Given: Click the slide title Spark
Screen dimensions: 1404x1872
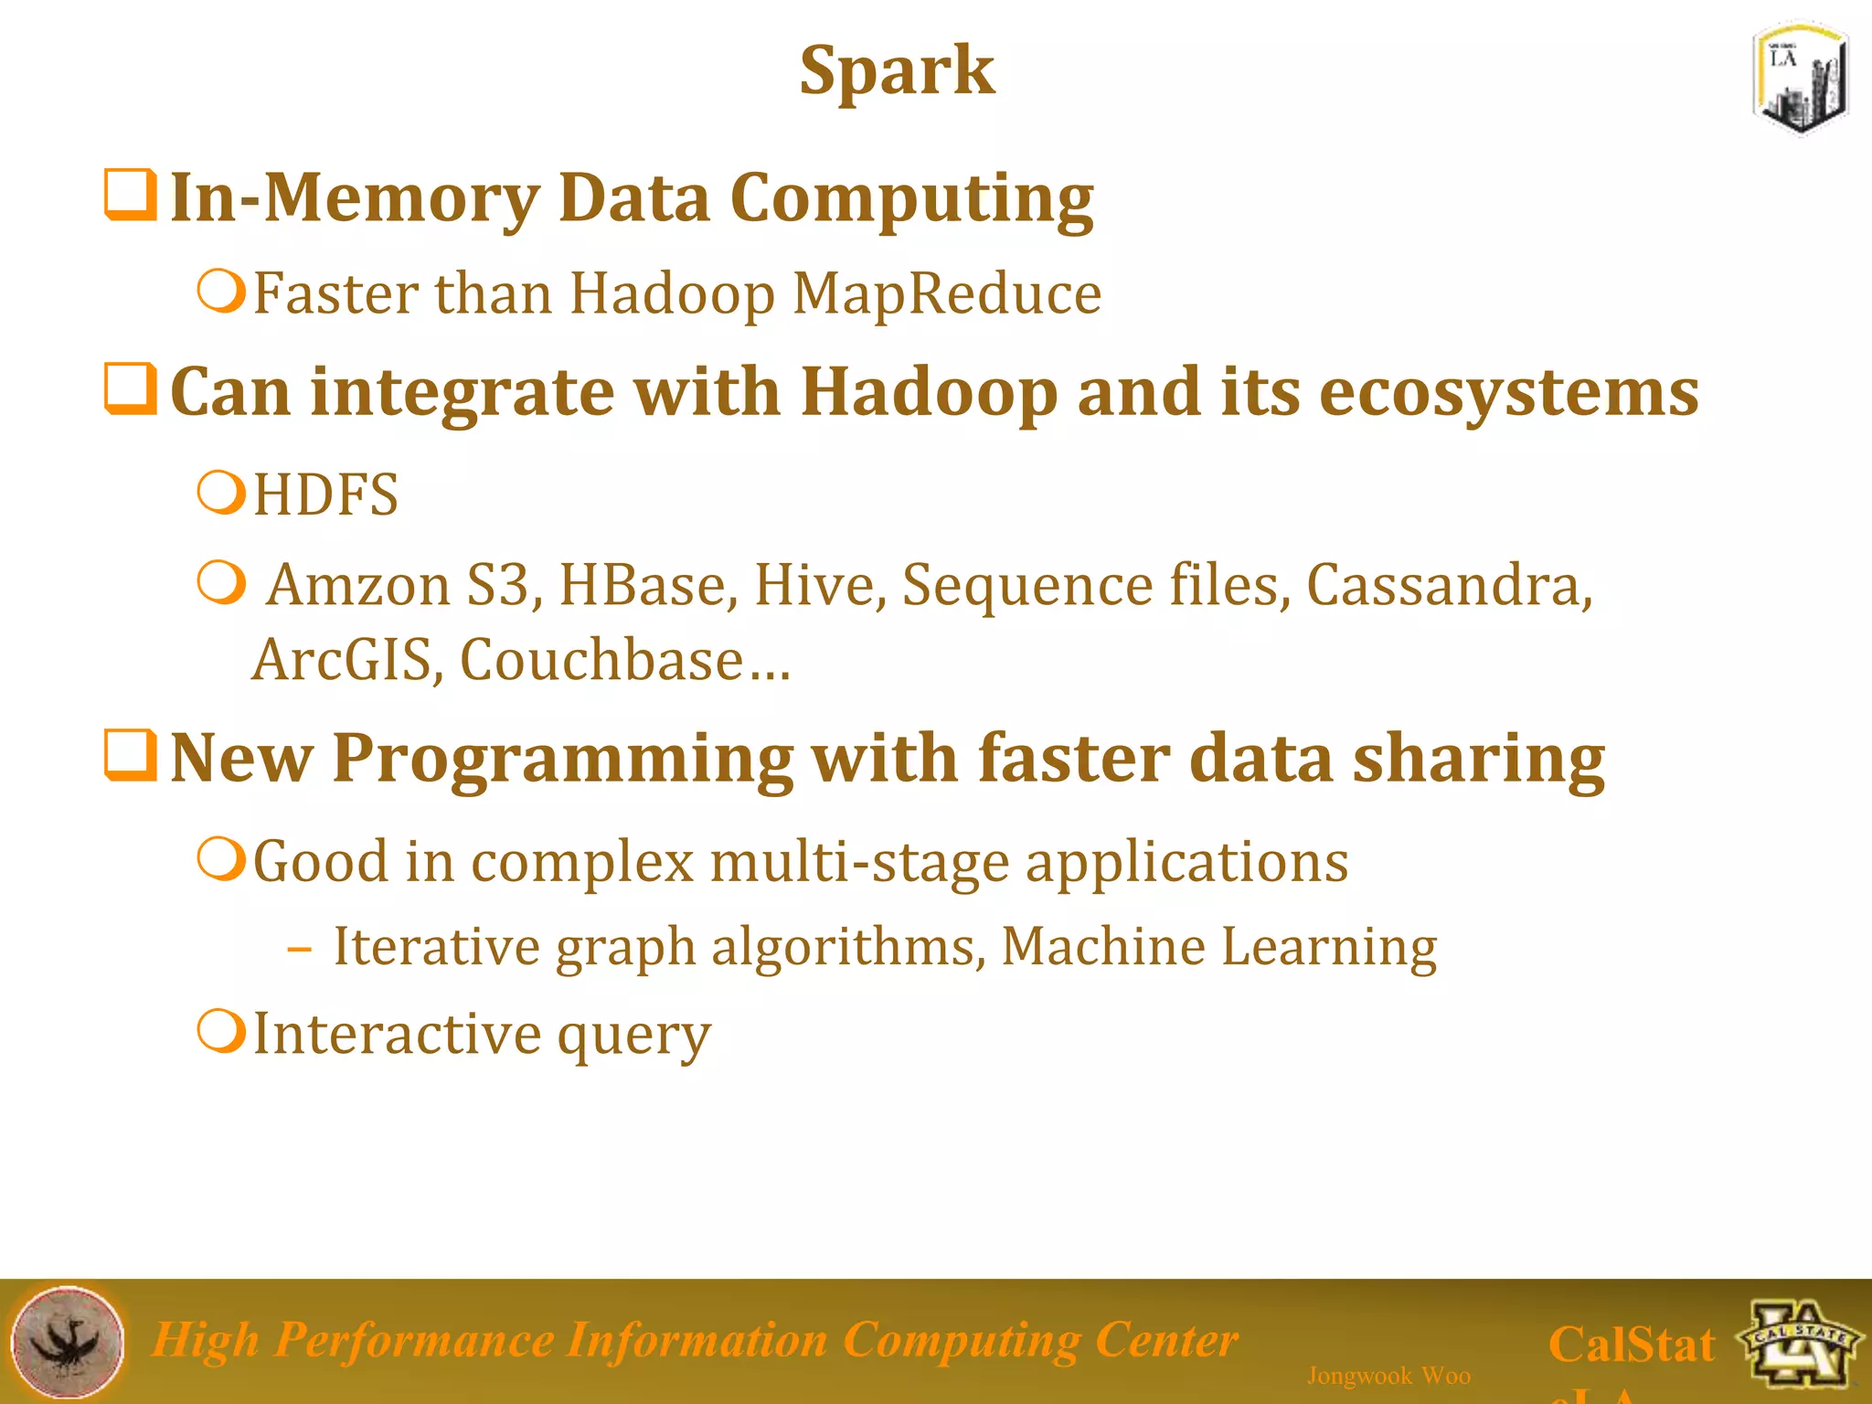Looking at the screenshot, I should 897,71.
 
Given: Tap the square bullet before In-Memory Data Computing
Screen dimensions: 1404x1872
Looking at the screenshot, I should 130,195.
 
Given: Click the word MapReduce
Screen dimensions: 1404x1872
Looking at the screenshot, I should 946,294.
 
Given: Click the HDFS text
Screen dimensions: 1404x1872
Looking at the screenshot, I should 325,495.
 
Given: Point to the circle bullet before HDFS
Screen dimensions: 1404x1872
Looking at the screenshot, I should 221,493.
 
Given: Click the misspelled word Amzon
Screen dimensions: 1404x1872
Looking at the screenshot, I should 358,585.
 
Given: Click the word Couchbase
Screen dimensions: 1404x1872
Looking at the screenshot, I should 601,660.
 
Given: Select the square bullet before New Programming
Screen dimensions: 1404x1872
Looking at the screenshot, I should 130,755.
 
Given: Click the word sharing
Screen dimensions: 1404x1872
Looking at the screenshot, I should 1478,759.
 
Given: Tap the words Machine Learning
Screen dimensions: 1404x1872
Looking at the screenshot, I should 1218,946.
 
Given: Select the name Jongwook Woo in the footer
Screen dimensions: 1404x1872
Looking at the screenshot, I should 1388,1376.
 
